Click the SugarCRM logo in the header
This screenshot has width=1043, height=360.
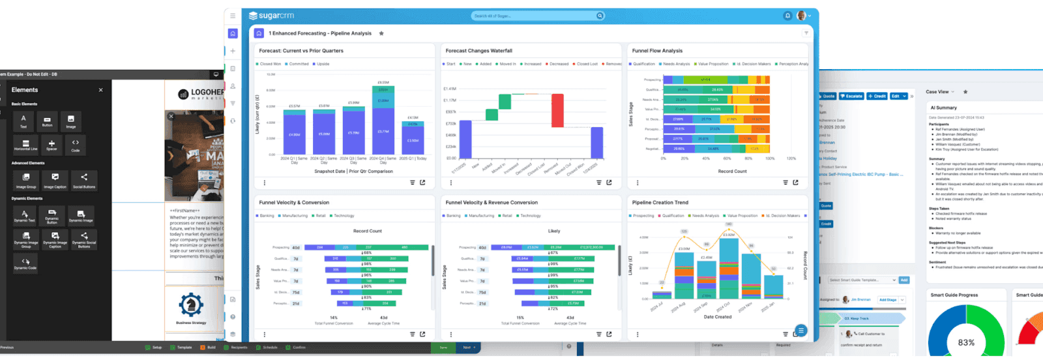[272, 16]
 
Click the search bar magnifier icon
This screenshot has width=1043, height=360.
[599, 16]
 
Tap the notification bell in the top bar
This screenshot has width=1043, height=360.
[787, 16]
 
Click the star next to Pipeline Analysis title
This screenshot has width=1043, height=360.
[381, 33]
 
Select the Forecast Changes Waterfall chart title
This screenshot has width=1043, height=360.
[478, 50]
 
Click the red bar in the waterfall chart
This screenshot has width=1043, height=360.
[557, 110]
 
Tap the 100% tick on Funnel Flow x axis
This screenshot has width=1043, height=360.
[770, 158]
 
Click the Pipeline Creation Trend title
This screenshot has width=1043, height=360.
[660, 202]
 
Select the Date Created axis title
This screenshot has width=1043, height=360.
[717, 317]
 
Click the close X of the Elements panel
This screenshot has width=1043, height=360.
[101, 90]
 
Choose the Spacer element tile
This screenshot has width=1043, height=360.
[51, 145]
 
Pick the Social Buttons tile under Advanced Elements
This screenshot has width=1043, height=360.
[84, 179]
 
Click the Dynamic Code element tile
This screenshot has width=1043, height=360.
[25, 263]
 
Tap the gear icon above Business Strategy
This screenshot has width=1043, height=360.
[191, 304]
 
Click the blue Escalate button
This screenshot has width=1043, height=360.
[851, 96]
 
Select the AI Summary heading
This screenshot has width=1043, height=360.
[943, 108]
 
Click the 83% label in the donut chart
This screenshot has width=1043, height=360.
[966, 342]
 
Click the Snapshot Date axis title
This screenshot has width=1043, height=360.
[353, 171]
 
